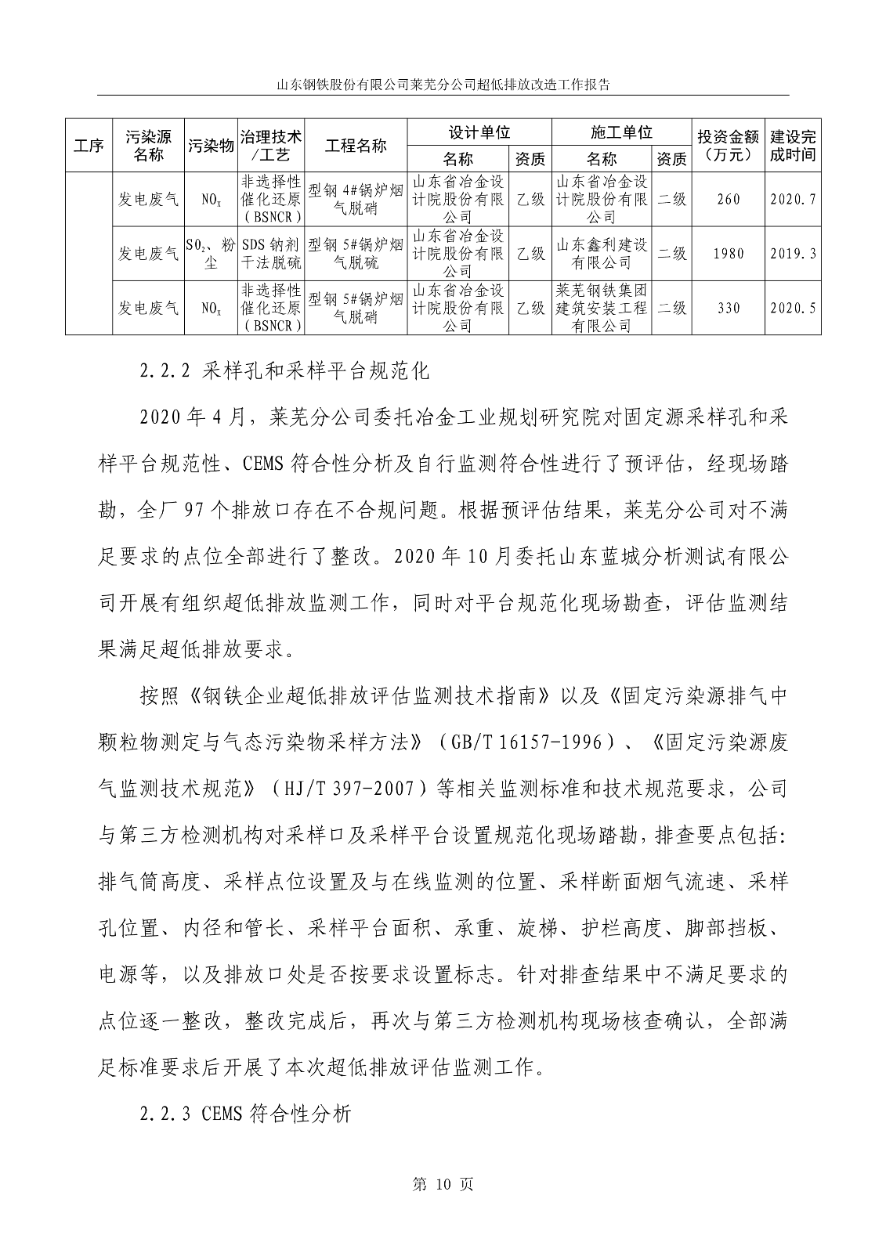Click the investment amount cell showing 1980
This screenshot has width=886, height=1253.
click(728, 254)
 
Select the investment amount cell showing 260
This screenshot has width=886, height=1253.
click(728, 200)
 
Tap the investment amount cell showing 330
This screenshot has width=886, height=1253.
click(728, 308)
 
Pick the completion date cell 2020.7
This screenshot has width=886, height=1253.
click(793, 200)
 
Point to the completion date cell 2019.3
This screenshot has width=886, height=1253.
click(793, 254)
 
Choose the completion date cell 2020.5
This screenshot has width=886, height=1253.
click(793, 308)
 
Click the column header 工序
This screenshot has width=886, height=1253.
click(89, 146)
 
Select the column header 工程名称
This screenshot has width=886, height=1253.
click(356, 146)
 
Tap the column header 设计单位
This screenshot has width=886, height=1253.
click(479, 132)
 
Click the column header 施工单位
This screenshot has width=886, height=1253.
click(621, 132)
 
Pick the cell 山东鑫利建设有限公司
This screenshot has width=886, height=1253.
click(602, 254)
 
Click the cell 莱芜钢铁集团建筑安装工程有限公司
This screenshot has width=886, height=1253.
click(602, 308)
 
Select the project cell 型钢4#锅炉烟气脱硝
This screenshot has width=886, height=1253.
click(356, 200)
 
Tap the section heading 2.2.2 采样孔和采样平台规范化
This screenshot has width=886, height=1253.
click(285, 372)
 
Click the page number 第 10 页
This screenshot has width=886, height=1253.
click(443, 1185)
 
